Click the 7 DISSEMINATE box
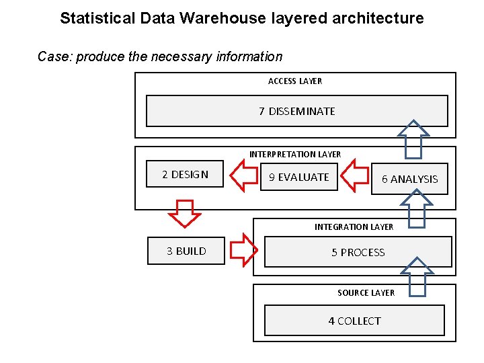coord(296,111)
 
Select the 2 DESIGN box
coord(185,175)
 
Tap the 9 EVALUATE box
coord(298,177)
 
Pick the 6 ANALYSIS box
coord(409,179)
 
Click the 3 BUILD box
coord(186,251)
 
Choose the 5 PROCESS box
coord(358,253)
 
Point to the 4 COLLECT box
coord(354,321)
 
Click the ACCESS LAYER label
coord(294,81)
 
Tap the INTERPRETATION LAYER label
coord(295,155)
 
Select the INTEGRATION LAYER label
coord(354,227)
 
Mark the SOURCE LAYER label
coord(366,292)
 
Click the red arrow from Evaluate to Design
coord(244,176)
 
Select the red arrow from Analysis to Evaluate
coord(354,176)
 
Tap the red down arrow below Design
coord(184,213)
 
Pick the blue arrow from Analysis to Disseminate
coord(413,139)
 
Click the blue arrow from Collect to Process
coord(417,276)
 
